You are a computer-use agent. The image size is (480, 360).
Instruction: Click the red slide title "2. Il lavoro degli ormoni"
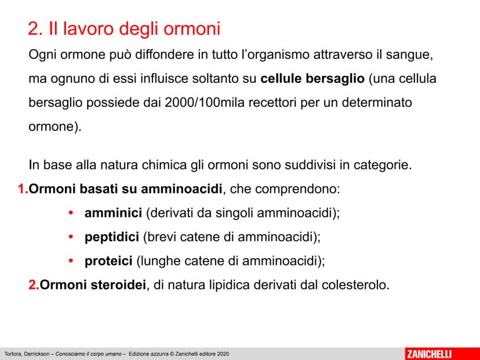tap(124, 30)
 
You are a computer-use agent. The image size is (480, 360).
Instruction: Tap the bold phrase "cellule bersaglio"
tap(312, 79)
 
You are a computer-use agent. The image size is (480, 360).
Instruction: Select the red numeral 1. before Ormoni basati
tap(23, 189)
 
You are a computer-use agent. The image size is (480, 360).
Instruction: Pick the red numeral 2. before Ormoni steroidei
tap(34, 285)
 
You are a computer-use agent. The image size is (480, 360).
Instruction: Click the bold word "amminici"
tap(113, 213)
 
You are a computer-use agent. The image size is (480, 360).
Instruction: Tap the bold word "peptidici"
tap(112, 238)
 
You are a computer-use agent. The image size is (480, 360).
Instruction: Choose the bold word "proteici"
tap(108, 261)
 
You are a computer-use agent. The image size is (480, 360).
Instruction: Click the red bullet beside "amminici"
tap(71, 213)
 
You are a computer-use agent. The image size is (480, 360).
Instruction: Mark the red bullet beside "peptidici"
tap(71, 237)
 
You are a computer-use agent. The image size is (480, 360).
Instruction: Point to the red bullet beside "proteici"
tap(71, 261)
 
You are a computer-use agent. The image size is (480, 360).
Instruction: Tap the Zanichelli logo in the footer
tap(428, 354)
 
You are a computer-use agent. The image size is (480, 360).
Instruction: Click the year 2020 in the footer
tap(223, 354)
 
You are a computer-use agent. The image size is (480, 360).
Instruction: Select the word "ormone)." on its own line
tap(55, 127)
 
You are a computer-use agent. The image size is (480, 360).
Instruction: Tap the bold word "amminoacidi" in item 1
tap(181, 189)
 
